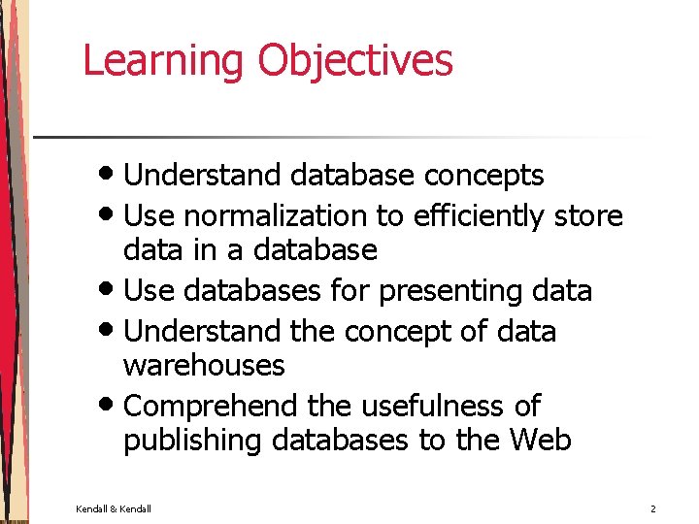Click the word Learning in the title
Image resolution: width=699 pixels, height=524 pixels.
[163, 60]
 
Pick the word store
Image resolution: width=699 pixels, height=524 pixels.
[588, 215]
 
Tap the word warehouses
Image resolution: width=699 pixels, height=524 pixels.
[204, 366]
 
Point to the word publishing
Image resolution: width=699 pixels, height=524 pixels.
[193, 441]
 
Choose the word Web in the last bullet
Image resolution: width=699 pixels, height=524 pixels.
[540, 441]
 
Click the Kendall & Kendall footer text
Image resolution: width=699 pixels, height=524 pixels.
[114, 508]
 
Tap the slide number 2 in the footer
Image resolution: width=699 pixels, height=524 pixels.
[653, 508]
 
